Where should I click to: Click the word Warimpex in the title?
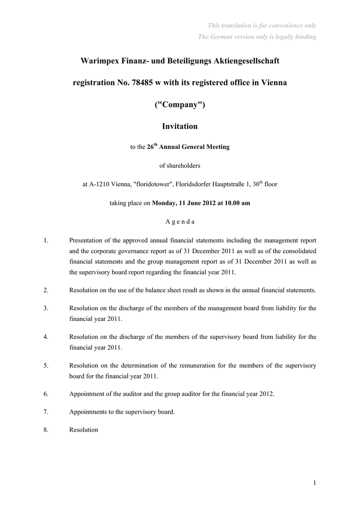99,61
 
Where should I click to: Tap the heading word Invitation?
180,127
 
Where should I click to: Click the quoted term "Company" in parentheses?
180,105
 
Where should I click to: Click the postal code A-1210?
100,184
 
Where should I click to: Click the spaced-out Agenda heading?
180,222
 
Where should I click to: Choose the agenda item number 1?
46,241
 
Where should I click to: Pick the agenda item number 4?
46,337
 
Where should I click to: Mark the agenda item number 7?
46,412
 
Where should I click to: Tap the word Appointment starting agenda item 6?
87,394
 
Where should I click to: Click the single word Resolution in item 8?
83,430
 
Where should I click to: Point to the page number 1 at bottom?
315,482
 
